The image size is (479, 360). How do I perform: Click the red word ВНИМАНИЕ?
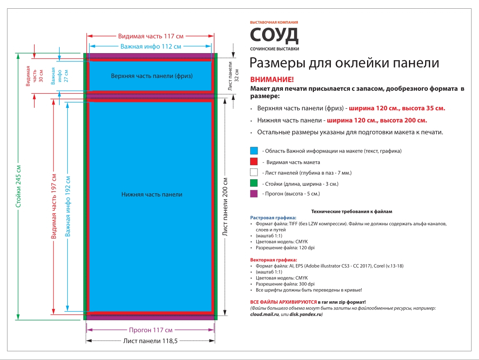(x=272, y=80)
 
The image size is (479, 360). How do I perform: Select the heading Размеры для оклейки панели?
(x=344, y=63)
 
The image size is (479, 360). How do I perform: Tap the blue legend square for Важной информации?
(x=254, y=151)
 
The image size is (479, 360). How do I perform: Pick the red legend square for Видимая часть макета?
(x=254, y=162)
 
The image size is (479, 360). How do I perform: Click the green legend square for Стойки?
(x=254, y=183)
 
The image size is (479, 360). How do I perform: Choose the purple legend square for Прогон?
(x=254, y=194)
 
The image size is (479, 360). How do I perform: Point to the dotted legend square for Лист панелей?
(x=254, y=173)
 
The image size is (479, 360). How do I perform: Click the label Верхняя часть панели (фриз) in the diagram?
(x=152, y=76)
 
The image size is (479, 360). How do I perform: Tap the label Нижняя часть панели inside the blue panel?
(x=152, y=194)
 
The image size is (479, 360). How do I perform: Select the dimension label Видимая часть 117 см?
(x=151, y=36)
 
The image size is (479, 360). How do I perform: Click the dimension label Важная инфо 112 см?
(x=151, y=46)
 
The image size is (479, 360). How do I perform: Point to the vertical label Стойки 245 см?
(x=18, y=187)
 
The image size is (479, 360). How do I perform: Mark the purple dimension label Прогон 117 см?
(x=151, y=330)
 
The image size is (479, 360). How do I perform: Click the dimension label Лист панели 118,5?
(x=151, y=341)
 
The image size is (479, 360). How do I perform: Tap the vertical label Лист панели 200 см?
(x=225, y=207)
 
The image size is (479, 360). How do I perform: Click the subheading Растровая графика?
(x=273, y=217)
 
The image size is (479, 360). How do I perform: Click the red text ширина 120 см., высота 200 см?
(x=377, y=121)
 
